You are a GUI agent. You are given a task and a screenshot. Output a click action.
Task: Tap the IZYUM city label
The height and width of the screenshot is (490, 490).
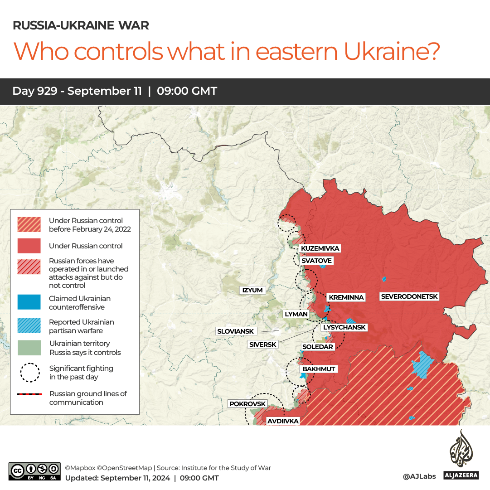[x=252, y=290]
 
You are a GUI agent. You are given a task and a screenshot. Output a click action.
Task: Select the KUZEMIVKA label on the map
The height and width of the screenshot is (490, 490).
[x=320, y=248]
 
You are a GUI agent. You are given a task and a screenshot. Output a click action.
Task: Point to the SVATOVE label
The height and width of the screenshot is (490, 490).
[x=316, y=261]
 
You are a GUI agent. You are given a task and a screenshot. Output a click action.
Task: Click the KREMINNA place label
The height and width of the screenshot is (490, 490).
[x=346, y=297]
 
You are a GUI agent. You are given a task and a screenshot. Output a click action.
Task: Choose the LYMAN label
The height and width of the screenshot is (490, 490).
[x=296, y=314]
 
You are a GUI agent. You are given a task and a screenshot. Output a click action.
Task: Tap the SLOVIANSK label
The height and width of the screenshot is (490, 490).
[x=235, y=331]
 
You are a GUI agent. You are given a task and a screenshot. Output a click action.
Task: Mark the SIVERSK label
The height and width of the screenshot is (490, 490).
[x=262, y=344]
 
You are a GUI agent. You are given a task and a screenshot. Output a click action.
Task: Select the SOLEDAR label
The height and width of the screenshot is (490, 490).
[x=317, y=347]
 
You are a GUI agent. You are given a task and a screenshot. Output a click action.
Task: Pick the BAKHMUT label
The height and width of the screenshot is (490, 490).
[x=319, y=369]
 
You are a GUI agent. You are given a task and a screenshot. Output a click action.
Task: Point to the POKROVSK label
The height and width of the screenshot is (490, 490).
[x=247, y=404]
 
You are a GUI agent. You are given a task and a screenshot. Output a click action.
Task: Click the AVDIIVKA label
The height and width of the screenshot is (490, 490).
[x=283, y=421]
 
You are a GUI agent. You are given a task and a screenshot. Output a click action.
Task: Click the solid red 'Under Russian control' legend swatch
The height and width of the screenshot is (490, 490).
[x=29, y=246]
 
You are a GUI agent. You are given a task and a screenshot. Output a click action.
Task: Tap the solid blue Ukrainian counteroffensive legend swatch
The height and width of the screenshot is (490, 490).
[x=29, y=302]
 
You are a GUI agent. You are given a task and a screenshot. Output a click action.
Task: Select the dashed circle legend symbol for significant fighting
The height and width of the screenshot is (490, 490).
[x=29, y=373]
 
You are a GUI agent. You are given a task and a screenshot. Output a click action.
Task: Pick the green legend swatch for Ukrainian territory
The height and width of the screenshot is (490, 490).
[x=29, y=348]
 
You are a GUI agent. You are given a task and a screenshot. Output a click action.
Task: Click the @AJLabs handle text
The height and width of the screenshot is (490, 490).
[x=419, y=476]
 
